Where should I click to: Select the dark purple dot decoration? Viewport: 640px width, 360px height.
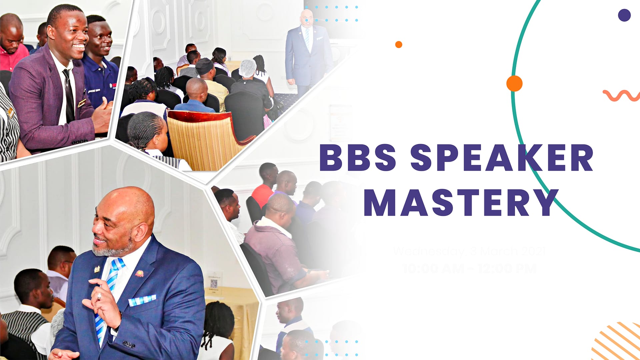624,15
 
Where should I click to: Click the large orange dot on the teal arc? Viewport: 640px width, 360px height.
514,83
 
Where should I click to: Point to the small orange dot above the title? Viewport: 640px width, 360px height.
399,44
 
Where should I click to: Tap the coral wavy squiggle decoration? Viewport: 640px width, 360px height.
621,95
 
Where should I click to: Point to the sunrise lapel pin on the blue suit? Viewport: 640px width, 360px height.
139,274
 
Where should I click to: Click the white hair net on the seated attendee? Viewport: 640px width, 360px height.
247,68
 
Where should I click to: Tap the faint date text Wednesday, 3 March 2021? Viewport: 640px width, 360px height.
469,251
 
